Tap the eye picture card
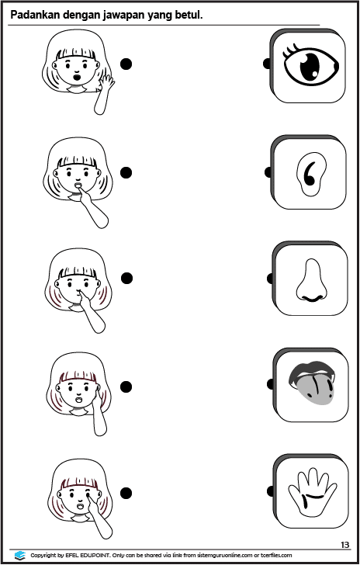[x=307, y=65]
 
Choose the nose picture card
[x=310, y=279]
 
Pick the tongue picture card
[x=310, y=384]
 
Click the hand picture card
[x=310, y=491]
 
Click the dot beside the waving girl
[x=126, y=64]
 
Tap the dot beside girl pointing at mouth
[x=126, y=172]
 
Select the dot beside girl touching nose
[x=126, y=278]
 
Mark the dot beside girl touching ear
[x=126, y=386]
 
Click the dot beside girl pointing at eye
[x=126, y=493]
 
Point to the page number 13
[x=344, y=545]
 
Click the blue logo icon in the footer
[x=20, y=555]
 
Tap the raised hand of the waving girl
[x=106, y=82]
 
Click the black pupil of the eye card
[x=310, y=67]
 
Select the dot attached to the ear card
[x=268, y=172]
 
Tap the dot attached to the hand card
[x=270, y=491]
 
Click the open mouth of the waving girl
[x=77, y=77]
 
